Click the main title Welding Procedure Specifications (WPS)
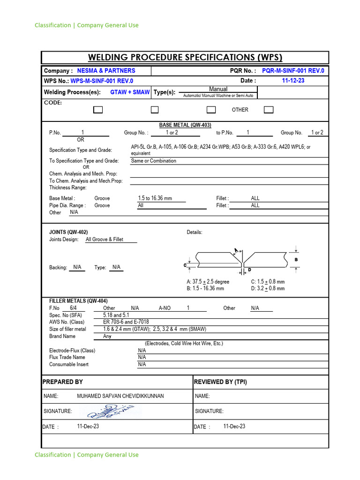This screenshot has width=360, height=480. coord(185,58)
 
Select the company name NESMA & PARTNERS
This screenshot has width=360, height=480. coord(106,71)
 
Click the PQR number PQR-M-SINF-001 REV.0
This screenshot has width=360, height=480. coord(293,71)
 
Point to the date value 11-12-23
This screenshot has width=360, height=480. coord(293,81)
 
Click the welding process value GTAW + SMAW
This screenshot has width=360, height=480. coord(130,92)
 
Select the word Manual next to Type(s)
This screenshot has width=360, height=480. coord(218,89)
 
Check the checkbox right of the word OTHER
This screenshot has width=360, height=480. coord(268,110)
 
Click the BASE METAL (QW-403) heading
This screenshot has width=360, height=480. coord(185,125)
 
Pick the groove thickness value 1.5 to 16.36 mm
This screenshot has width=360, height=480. coord(155,198)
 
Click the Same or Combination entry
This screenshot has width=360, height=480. coord(154,161)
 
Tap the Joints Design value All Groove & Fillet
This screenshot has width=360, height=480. coord(105,239)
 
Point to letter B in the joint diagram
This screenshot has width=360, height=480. coord(296,260)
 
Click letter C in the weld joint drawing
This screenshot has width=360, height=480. coord(185,265)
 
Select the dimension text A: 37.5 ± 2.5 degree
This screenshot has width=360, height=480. coord(208,282)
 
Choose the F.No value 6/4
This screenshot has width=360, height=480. coord(73,308)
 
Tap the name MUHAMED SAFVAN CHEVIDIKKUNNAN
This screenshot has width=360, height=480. coord(120,396)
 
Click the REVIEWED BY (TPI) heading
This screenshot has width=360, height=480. coord(220,382)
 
